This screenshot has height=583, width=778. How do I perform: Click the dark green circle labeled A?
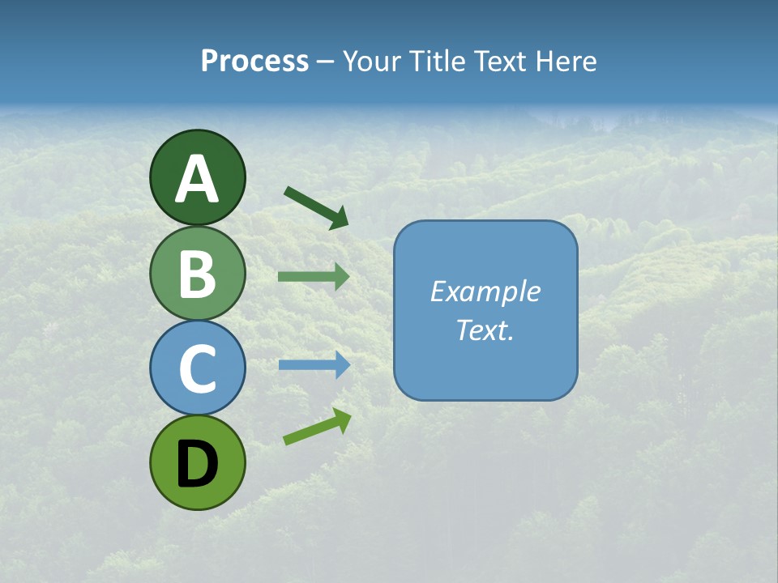coord(197,177)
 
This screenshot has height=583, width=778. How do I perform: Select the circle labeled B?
coord(197,273)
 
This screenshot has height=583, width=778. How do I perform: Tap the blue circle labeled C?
coord(197,368)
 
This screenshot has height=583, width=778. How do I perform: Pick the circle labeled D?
coord(197,462)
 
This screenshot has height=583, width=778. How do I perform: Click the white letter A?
coord(197,179)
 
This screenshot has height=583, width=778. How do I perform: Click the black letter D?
coord(197,464)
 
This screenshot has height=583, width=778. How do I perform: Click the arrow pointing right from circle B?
coord(313,276)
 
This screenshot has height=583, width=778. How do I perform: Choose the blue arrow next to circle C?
coord(313,365)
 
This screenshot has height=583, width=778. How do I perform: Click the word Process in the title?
coord(254,62)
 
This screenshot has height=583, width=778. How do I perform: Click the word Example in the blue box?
coord(485,291)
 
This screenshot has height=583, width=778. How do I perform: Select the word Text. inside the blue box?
coord(485,330)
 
